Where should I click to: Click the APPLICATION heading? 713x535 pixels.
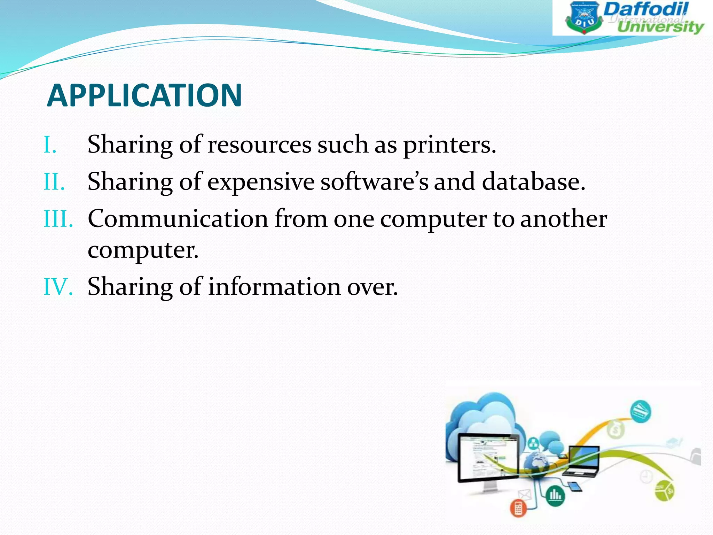click(x=144, y=95)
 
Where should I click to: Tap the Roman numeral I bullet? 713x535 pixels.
click(x=50, y=145)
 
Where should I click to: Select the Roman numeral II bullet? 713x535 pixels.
click(x=54, y=182)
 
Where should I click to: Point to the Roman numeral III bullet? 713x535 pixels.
click(x=58, y=219)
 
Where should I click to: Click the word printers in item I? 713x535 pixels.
click(x=449, y=145)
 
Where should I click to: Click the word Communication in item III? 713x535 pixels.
click(x=178, y=219)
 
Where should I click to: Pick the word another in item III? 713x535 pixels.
click(x=563, y=219)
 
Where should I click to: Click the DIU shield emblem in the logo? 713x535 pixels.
click(x=584, y=18)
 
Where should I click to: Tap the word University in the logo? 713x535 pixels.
click(x=660, y=27)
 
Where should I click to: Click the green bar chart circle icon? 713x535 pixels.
click(x=555, y=495)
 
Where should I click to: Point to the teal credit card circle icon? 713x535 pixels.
click(x=640, y=412)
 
